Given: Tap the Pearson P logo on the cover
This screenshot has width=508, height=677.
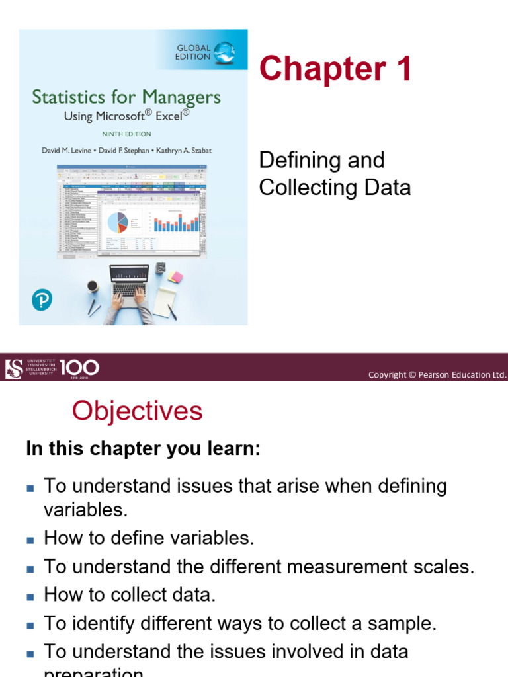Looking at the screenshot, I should (41, 301).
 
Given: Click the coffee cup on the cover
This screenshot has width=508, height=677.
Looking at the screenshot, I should (93, 286).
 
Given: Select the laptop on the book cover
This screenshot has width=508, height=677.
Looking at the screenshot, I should (129, 281).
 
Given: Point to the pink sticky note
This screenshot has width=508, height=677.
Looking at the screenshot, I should (175, 276).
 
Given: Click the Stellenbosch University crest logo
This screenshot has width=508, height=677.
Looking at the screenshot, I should (13, 367).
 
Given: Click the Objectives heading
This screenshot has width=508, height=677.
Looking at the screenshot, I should (137, 411).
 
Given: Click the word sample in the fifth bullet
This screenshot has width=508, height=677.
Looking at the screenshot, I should (401, 623).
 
